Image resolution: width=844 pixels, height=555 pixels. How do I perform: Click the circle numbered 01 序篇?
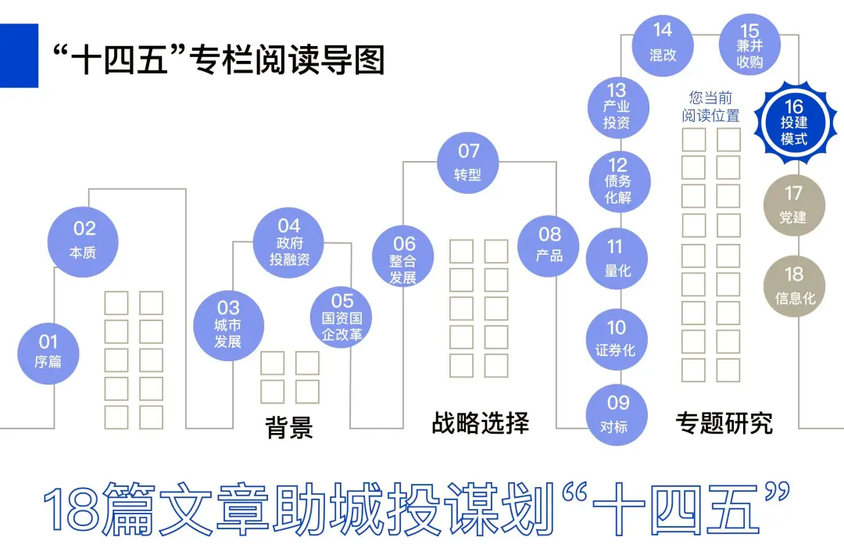[48, 351]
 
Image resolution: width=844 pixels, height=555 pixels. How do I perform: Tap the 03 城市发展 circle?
[228, 325]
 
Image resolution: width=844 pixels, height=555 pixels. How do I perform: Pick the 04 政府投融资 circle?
[288, 243]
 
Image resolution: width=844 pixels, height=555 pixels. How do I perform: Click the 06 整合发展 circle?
[403, 256]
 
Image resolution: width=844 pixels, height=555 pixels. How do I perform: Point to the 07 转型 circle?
[468, 161]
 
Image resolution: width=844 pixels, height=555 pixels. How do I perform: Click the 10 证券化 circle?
[617, 338]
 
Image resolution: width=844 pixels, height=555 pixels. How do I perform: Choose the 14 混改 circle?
[663, 42]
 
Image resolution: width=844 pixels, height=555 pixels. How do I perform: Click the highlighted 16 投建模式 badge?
[793, 123]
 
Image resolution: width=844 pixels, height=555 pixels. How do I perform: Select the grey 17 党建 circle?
[793, 205]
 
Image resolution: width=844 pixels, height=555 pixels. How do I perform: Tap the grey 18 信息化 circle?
[794, 285]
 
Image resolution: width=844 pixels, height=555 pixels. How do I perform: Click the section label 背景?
[289, 427]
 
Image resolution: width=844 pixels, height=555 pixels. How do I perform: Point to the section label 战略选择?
[480, 423]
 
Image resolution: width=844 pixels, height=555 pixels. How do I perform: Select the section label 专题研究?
[724, 423]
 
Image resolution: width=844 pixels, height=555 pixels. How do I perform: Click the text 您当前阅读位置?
[710, 107]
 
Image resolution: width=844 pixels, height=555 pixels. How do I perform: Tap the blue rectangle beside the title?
[19, 55]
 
